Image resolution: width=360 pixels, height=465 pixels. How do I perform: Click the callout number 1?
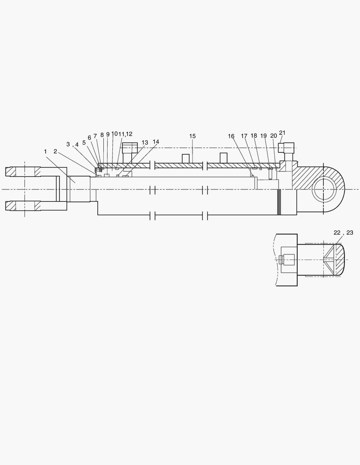[45, 151]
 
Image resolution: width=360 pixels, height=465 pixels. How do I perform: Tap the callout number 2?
[55, 151]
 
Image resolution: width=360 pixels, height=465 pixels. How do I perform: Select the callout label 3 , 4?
[72, 144]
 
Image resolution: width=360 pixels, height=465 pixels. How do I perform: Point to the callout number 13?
[145, 143]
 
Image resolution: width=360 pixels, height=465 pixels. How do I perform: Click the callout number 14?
[155, 142]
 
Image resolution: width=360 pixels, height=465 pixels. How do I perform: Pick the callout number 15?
[192, 136]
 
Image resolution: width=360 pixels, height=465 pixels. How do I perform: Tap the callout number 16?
[231, 136]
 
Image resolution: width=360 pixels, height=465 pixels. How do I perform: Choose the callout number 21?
[282, 133]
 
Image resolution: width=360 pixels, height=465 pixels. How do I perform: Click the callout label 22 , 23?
[343, 232]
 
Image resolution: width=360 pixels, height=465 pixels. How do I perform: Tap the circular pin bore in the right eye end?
[324, 189]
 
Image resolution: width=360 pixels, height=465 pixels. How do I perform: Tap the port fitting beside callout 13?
[129, 153]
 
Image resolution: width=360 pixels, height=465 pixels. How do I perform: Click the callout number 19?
[264, 136]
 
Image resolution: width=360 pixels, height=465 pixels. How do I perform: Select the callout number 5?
[84, 143]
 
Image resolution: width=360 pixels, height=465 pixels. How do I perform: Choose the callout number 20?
[273, 136]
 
